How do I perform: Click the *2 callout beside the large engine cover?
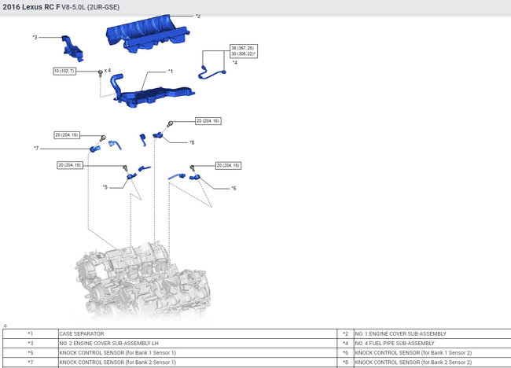(x=198, y=16)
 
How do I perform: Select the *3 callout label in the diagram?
(x=35, y=37)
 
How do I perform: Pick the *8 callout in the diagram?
(x=191, y=142)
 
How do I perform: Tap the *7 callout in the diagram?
(x=36, y=148)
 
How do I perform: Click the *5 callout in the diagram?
(x=105, y=187)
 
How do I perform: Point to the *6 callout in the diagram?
(x=233, y=189)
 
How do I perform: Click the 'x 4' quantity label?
(x=108, y=71)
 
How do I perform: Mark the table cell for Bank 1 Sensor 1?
(x=117, y=352)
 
